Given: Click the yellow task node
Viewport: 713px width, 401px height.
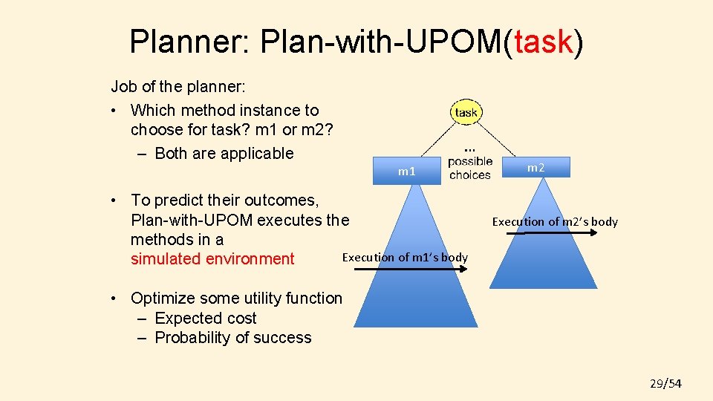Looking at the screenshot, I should click(x=466, y=112).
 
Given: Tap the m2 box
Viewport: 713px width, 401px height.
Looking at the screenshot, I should click(x=536, y=168).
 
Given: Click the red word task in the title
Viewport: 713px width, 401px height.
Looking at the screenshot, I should click(x=543, y=42).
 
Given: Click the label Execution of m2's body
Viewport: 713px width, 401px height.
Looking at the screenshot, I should click(x=554, y=221).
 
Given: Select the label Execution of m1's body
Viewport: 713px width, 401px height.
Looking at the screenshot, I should click(x=405, y=257).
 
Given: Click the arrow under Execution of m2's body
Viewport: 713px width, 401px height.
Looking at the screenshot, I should click(x=554, y=232).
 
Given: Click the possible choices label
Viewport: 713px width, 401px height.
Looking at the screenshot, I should click(x=470, y=168).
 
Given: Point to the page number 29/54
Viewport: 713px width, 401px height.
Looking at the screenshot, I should click(x=665, y=383).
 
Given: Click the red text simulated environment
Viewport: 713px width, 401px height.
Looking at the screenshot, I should click(x=212, y=259).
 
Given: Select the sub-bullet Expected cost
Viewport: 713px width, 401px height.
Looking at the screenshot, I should click(x=205, y=319).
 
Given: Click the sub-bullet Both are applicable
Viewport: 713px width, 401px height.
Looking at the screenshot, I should click(x=224, y=154).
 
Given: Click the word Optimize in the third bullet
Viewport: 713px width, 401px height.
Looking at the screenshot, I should click(x=163, y=299).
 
